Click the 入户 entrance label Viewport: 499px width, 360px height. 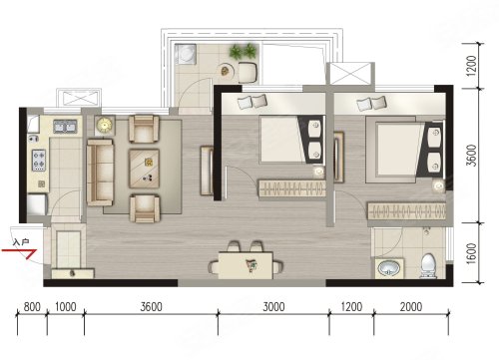coord(21,242)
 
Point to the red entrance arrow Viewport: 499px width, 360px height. coord(19,251)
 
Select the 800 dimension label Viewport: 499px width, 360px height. coord(32,306)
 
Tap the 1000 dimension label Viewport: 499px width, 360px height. coord(66,306)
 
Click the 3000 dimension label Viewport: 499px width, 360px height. coord(273,306)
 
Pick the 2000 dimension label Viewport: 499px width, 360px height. coord(411,306)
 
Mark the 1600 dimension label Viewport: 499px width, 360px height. coord(471,253)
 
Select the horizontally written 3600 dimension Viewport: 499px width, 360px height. coord(151,306)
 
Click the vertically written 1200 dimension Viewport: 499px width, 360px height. coord(471,66)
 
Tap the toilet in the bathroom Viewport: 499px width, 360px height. coord(428,266)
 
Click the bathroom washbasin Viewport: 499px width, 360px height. coord(389,268)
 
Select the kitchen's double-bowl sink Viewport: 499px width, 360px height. coord(65,127)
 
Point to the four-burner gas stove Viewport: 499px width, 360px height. coord(39,160)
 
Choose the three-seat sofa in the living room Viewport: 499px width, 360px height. coord(100,173)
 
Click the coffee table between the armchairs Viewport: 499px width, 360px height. coord(144,169)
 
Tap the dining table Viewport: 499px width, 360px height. coord(246,265)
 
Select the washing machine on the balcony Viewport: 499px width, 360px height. coord(186,54)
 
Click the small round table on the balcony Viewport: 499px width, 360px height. coord(226,70)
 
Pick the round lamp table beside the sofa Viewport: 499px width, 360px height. coord(105,126)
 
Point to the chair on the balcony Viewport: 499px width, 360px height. coord(248,73)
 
